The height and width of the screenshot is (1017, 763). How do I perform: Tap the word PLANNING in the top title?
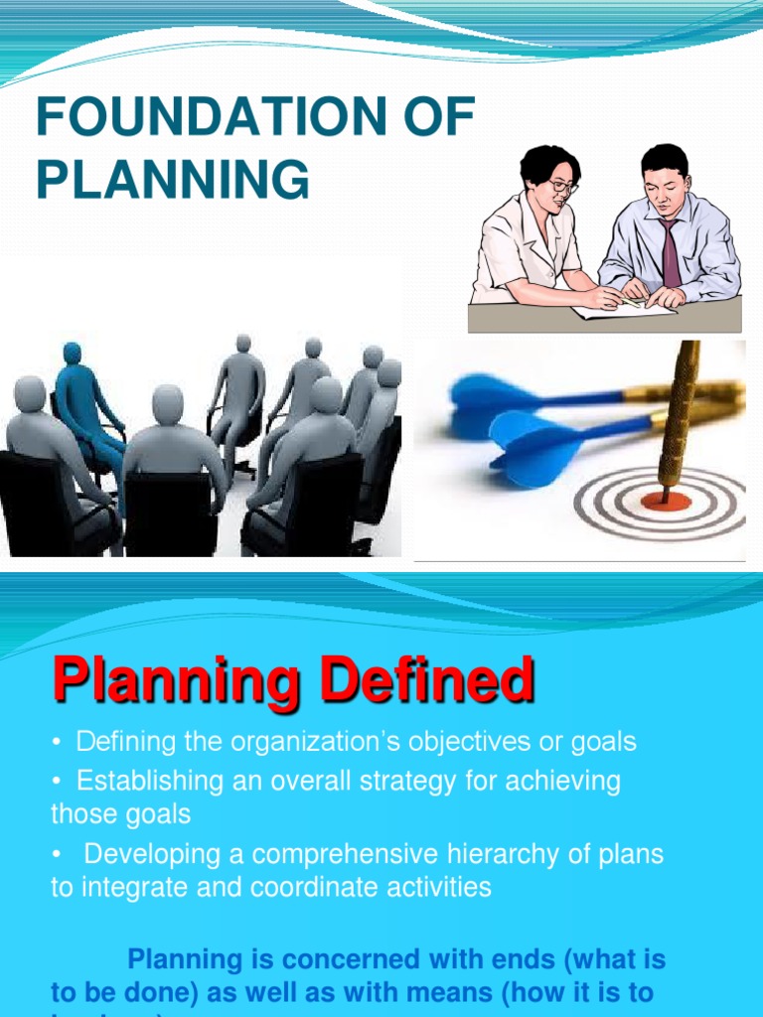(172, 181)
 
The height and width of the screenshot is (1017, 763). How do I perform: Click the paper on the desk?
(622, 309)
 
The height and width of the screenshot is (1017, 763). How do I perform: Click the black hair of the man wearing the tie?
(665, 159)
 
